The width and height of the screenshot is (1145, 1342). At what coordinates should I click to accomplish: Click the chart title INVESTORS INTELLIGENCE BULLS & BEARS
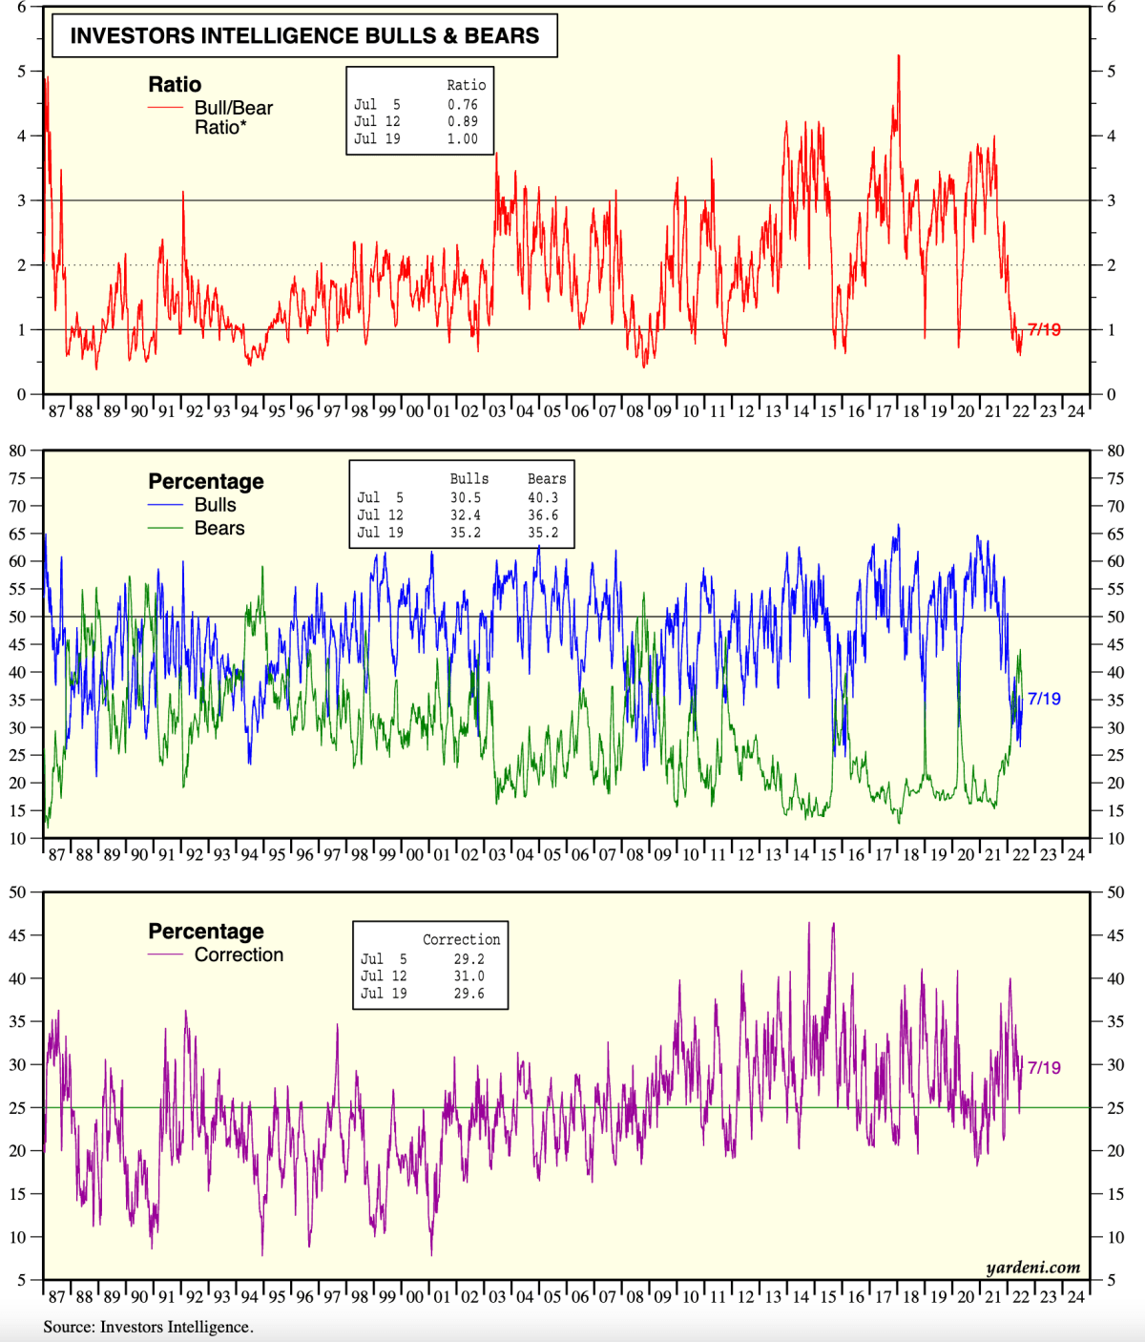[304, 36]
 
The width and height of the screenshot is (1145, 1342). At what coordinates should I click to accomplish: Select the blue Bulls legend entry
[215, 505]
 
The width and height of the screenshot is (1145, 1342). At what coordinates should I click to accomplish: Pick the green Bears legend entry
[219, 529]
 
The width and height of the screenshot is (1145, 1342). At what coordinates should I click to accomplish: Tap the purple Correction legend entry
[239, 954]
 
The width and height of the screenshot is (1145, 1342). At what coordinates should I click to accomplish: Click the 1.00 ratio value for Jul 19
[463, 139]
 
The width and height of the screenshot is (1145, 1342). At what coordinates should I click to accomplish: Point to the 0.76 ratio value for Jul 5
[463, 105]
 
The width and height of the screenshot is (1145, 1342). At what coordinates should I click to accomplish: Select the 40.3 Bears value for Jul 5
[543, 497]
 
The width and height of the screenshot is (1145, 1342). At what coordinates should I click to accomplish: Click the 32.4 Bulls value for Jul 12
[466, 515]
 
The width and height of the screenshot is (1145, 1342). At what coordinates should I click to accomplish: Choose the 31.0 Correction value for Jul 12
[468, 976]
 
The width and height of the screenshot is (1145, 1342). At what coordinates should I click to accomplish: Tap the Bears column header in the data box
[547, 479]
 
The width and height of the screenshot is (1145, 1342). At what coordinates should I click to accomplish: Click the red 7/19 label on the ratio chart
[1044, 330]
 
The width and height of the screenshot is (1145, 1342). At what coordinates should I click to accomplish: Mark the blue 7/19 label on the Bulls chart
[1044, 699]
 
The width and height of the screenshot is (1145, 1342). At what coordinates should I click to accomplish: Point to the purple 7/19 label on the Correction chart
[1044, 1068]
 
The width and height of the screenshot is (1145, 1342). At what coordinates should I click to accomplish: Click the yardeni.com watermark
[1033, 1268]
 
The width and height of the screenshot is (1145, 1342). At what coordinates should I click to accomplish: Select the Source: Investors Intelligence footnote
[148, 1327]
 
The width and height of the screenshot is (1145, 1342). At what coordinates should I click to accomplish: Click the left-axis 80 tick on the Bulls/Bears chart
[18, 451]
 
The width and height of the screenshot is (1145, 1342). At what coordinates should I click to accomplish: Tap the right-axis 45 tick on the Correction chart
[1114, 935]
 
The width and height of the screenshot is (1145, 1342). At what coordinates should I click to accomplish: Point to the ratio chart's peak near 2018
[898, 56]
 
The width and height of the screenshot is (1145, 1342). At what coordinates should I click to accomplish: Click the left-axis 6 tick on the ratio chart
[22, 7]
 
